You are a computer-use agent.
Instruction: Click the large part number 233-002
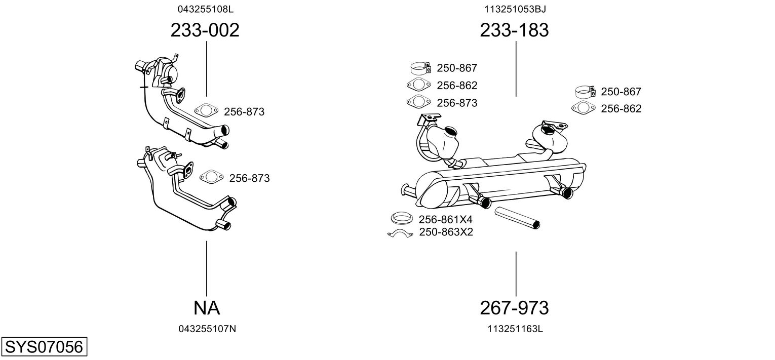pos(205,30)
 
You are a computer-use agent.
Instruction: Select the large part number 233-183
pos(514,30)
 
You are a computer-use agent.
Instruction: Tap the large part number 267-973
pos(514,307)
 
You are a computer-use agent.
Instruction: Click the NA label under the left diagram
pos(206,307)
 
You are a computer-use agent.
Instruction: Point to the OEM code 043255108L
pos(205,9)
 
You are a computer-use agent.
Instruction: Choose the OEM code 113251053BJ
pos(515,9)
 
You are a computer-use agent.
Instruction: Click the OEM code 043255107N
pos(207,329)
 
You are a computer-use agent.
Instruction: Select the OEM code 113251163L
pos(515,329)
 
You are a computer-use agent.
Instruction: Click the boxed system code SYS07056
pos(44,347)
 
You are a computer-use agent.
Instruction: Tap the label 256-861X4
pos(445,219)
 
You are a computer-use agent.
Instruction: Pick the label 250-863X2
pos(446,232)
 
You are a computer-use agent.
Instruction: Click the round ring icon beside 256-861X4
pos(401,218)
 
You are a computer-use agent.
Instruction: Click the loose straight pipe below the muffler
pos(517,218)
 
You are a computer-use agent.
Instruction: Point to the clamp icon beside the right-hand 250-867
pos(586,92)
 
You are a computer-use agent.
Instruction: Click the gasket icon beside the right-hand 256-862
pos(583,108)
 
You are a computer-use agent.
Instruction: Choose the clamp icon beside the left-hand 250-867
pos(420,68)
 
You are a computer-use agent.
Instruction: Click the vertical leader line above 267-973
pos(516,273)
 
